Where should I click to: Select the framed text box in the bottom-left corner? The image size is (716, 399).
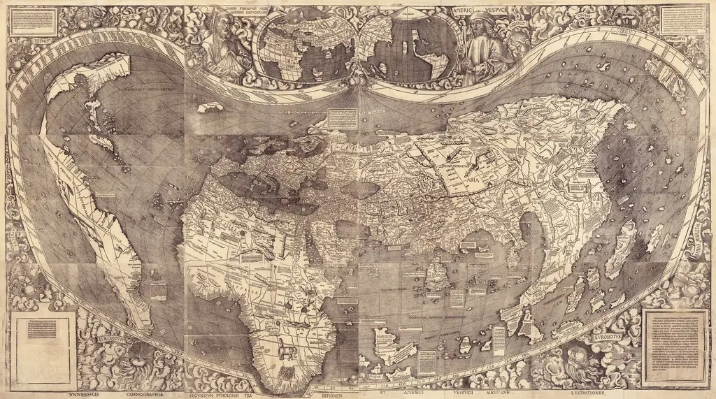[43, 339]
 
